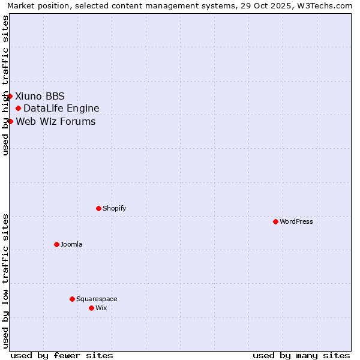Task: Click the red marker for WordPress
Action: coord(275,221)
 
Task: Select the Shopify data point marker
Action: coord(98,208)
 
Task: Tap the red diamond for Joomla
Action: coord(56,244)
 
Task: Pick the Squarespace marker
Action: coord(72,299)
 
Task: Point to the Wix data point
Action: coord(91,308)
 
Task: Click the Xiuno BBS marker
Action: coord(10,96)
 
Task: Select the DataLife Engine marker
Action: coord(18,108)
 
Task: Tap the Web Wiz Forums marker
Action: coord(10,121)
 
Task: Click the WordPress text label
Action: coord(296,221)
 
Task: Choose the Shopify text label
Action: coord(114,208)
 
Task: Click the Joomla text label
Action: coord(71,244)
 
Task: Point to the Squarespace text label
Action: coord(97,299)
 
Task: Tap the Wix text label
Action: coord(101,308)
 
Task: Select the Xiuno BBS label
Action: coord(40,96)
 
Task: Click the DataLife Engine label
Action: coord(61,108)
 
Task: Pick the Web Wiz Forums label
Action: coord(56,121)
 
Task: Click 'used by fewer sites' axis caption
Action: coord(62,355)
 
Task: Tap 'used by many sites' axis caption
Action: coord(301,355)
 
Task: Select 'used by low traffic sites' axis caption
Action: coord(6,281)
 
